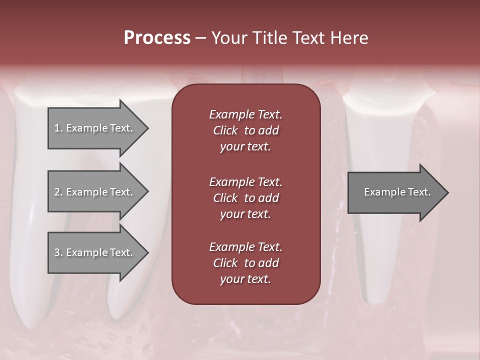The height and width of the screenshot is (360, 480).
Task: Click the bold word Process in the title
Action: (x=157, y=38)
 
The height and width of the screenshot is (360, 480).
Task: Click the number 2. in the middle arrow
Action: (x=58, y=192)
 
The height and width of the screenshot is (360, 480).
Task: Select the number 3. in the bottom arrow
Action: (x=58, y=252)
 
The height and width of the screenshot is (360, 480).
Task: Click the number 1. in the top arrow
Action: (x=58, y=128)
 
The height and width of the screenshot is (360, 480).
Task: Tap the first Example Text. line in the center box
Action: (x=245, y=114)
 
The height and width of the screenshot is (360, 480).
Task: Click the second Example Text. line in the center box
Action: (x=245, y=181)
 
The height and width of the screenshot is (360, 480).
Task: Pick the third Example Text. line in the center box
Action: (x=245, y=247)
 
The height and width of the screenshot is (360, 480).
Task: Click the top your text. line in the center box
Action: (x=245, y=147)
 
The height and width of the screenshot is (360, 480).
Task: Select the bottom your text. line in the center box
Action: (x=245, y=279)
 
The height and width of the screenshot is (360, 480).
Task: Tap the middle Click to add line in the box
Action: (x=245, y=198)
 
